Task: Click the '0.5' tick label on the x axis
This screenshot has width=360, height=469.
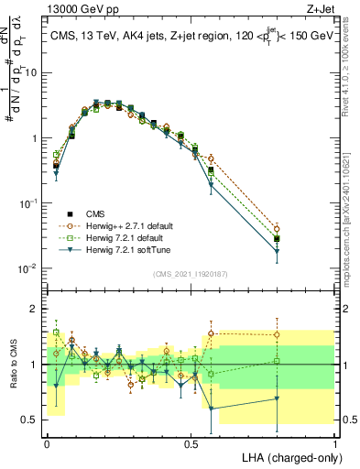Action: pyautogui.click(x=191, y=442)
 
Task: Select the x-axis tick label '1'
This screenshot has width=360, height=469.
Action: pyautogui.click(x=334, y=442)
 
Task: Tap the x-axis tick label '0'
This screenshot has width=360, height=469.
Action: pyautogui.click(x=47, y=442)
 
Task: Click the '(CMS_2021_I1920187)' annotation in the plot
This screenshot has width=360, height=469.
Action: pyautogui.click(x=191, y=272)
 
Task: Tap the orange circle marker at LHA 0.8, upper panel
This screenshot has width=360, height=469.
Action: pyautogui.click(x=277, y=229)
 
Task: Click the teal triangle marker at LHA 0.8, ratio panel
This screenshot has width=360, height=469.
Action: pyautogui.click(x=277, y=398)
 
